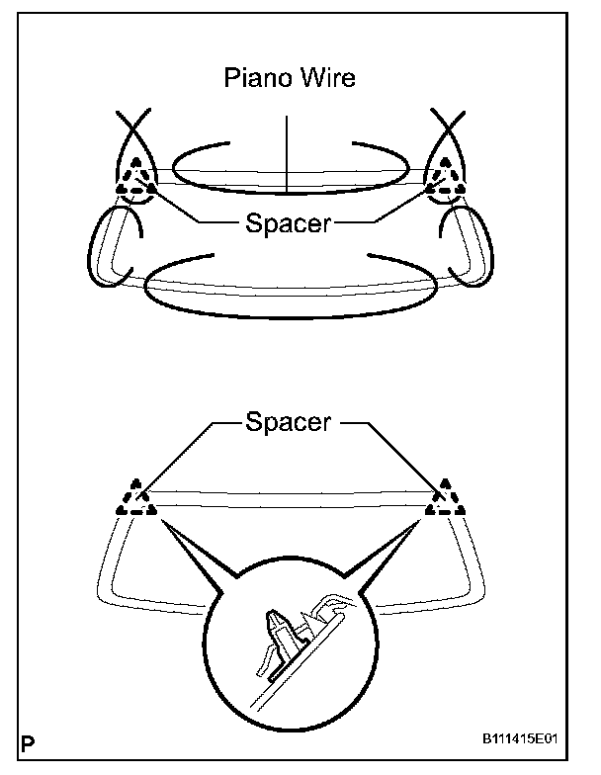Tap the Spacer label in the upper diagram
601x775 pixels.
288,224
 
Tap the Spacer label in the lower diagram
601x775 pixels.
288,423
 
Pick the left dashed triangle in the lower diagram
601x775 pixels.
135,501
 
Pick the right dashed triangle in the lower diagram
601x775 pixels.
443,501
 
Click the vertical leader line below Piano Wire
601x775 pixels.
286,153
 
